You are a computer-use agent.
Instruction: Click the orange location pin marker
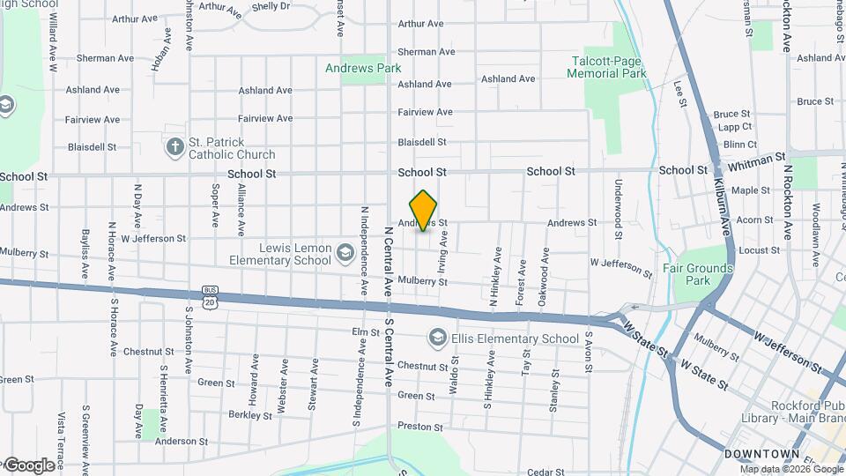[424, 210]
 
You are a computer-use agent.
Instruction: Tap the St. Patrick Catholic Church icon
[175, 146]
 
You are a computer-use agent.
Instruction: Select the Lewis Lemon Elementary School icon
[345, 255]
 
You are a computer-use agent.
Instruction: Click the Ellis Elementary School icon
[436, 338]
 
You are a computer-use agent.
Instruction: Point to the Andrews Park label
[363, 68]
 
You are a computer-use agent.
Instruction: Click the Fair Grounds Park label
[697, 274]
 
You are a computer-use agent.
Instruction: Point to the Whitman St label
[755, 160]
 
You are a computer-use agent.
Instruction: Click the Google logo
[29, 465]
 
